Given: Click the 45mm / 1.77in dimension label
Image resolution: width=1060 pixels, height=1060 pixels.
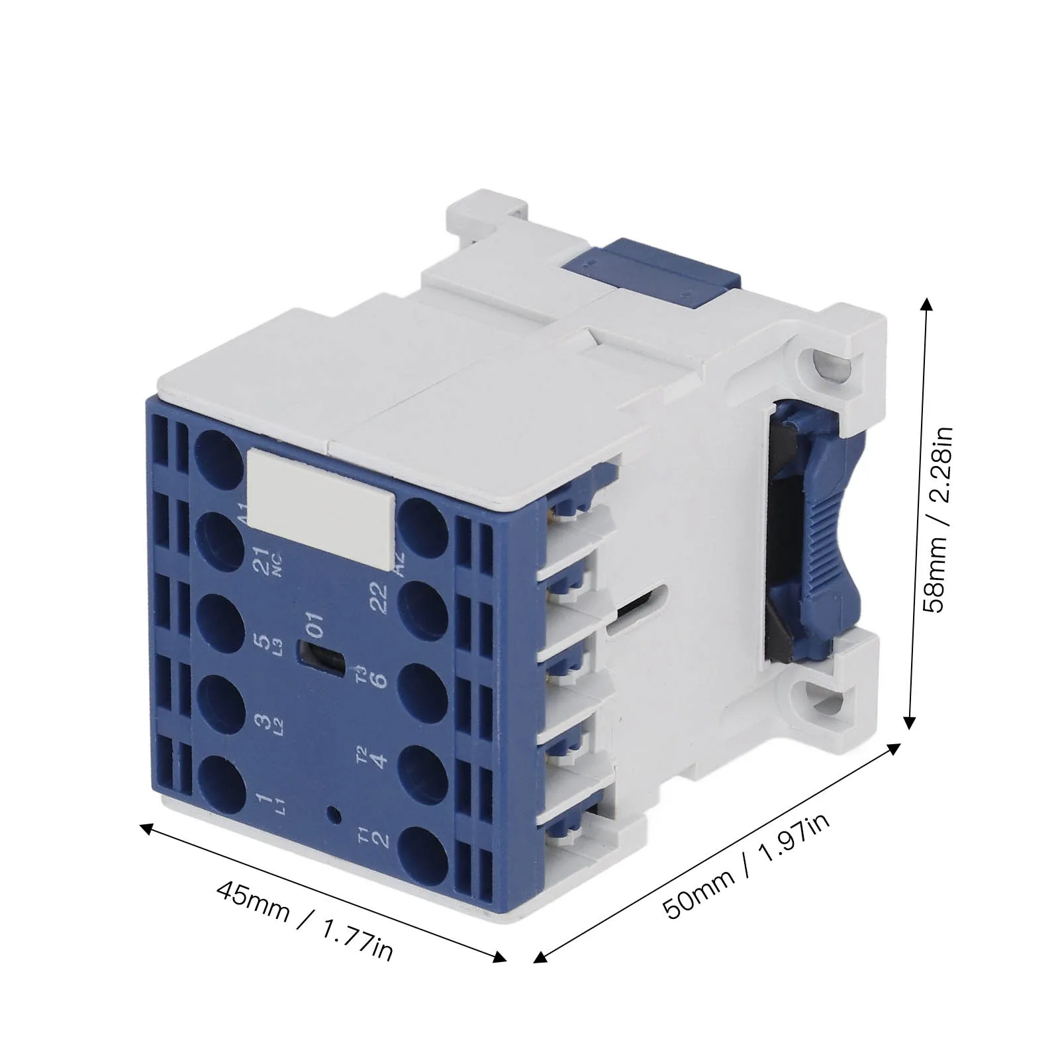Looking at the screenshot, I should [305, 921].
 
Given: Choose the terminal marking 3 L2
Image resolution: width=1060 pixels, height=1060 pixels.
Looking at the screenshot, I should [265, 725].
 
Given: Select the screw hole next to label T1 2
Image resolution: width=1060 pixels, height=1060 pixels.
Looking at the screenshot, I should [424, 851].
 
